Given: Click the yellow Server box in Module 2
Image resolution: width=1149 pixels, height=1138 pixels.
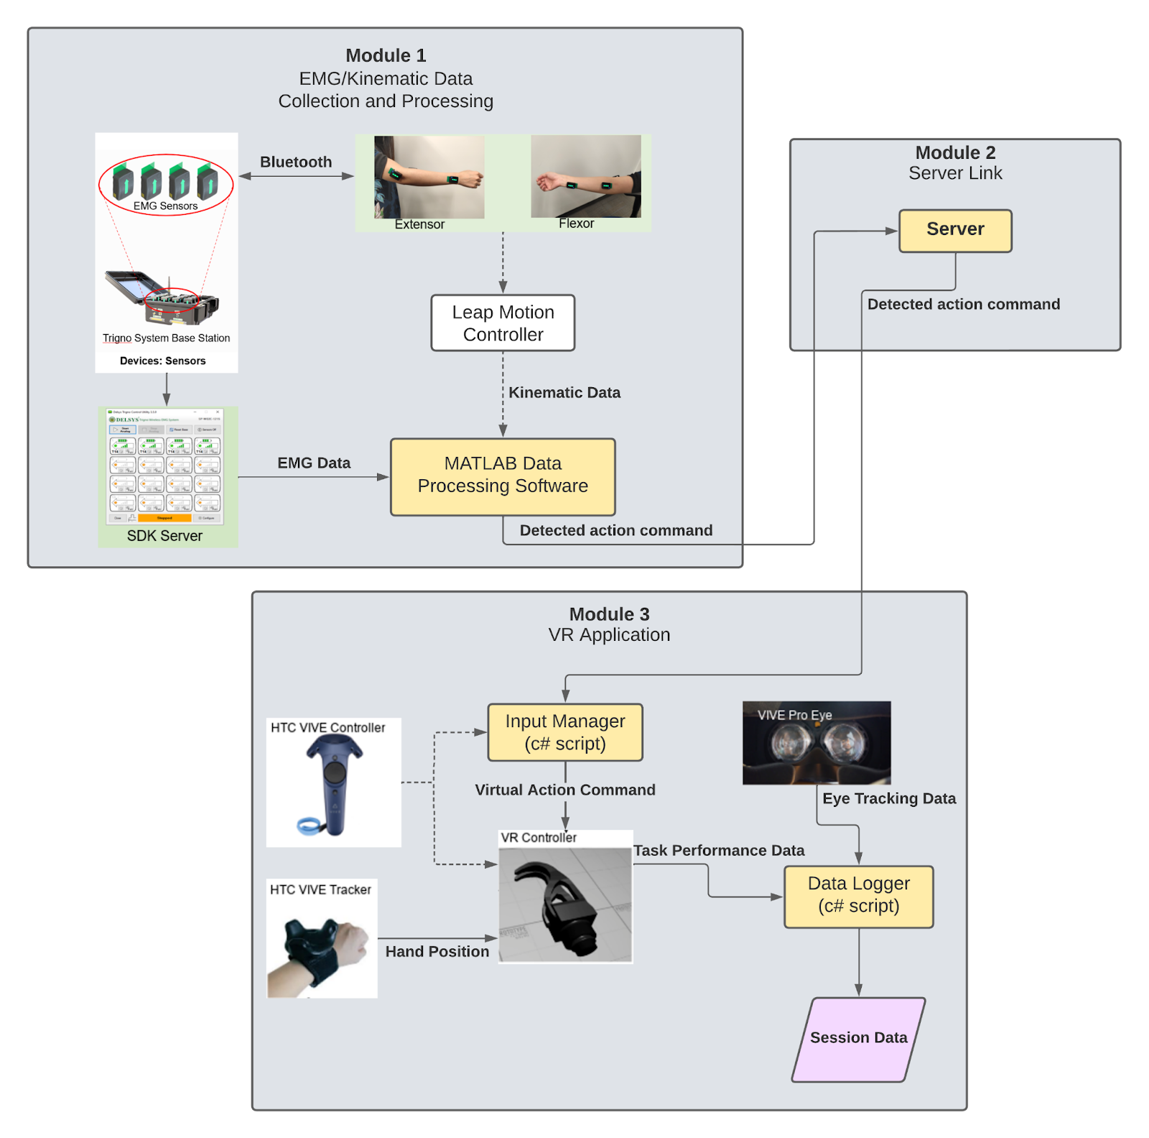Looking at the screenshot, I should click(x=955, y=231).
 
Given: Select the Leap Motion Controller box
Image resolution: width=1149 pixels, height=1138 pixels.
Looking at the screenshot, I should click(x=503, y=323).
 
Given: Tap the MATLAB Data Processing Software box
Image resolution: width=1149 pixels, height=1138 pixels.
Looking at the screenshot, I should click(x=503, y=476).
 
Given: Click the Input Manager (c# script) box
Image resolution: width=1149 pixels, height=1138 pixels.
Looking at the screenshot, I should click(x=565, y=732).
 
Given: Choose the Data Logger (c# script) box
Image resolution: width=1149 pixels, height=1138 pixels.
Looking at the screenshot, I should click(x=859, y=897).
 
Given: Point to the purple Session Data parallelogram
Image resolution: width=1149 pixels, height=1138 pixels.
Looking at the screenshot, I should click(x=859, y=1039).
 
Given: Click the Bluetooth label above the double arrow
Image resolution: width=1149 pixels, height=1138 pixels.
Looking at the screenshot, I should click(x=296, y=162).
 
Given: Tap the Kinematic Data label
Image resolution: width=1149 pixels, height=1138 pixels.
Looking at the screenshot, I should click(x=564, y=393).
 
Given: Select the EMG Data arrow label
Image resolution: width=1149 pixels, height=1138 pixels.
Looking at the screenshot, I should click(x=314, y=463).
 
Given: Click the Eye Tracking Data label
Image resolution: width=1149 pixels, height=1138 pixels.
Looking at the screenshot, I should click(x=889, y=799).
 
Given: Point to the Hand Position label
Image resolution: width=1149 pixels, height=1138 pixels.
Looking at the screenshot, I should click(x=437, y=952).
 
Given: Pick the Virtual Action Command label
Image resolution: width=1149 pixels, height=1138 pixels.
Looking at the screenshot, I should click(x=565, y=790).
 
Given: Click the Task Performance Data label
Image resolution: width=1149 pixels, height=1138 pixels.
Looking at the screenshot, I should click(x=719, y=851).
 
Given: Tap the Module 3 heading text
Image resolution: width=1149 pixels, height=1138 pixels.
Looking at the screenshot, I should click(x=609, y=615).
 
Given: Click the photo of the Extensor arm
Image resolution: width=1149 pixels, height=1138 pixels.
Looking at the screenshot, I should click(x=429, y=177).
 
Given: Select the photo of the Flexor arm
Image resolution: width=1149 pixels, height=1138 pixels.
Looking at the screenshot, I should click(x=586, y=177).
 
